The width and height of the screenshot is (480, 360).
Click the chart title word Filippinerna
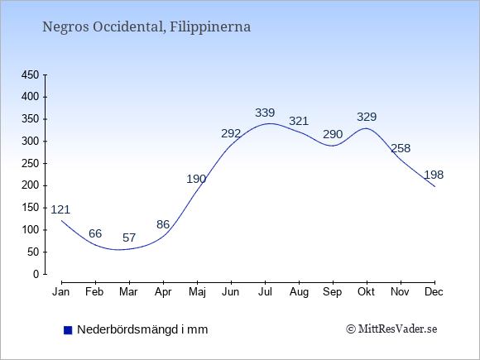[x=210, y=27]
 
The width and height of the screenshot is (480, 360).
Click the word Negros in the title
[x=65, y=27]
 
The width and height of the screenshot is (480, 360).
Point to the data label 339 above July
[x=265, y=113]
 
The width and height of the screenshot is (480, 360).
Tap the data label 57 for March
[x=129, y=238]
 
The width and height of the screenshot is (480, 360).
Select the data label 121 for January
[x=60, y=209]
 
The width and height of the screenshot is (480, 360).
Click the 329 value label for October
[x=367, y=117]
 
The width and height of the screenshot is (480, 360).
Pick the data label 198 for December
[x=434, y=175]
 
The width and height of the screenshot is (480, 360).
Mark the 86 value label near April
[x=163, y=225]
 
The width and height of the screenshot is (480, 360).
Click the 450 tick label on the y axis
[x=31, y=75]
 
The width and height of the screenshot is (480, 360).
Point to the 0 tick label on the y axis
[x=36, y=274]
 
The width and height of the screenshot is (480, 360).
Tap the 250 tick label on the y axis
[x=31, y=164]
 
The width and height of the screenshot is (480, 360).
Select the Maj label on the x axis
[x=197, y=292]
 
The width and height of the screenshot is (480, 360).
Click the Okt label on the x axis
[x=366, y=292]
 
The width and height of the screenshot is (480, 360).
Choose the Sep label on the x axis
[x=332, y=292]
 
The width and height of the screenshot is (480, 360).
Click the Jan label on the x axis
[x=61, y=292]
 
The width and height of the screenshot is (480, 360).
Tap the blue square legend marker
[x=68, y=330]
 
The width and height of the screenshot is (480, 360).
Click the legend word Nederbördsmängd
[x=127, y=329]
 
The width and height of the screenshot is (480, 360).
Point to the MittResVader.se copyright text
[x=391, y=329]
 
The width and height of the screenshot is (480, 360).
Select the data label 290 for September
[x=333, y=134]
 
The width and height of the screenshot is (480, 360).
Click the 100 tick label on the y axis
[x=31, y=230]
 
